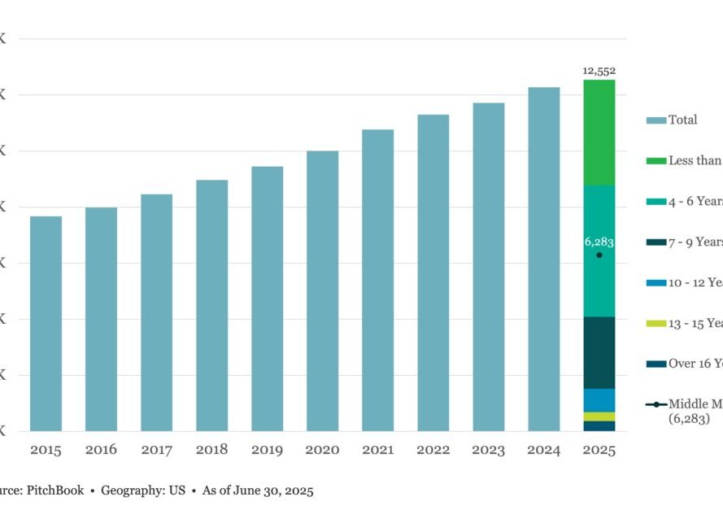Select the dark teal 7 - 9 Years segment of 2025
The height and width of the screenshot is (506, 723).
click(x=599, y=352)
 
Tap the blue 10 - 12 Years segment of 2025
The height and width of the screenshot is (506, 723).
click(x=599, y=400)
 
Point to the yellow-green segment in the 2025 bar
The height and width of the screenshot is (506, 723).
click(x=599, y=417)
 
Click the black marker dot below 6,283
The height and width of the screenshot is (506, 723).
click(x=599, y=255)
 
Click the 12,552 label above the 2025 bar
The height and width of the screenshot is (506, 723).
click(x=599, y=71)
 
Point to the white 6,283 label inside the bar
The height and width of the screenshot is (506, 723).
click(x=599, y=242)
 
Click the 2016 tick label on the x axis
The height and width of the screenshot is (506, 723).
click(x=102, y=450)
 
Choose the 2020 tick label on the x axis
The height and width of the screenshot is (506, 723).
click(x=323, y=450)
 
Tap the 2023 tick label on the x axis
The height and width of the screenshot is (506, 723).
click(x=489, y=450)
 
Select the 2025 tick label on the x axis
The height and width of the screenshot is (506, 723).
click(x=599, y=450)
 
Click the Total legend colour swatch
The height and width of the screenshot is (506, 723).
click(x=656, y=120)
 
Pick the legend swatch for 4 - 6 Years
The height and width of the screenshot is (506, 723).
click(x=656, y=201)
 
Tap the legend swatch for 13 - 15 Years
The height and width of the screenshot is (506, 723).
click(x=656, y=323)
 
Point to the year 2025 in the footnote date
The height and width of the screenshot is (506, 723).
click(x=298, y=491)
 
